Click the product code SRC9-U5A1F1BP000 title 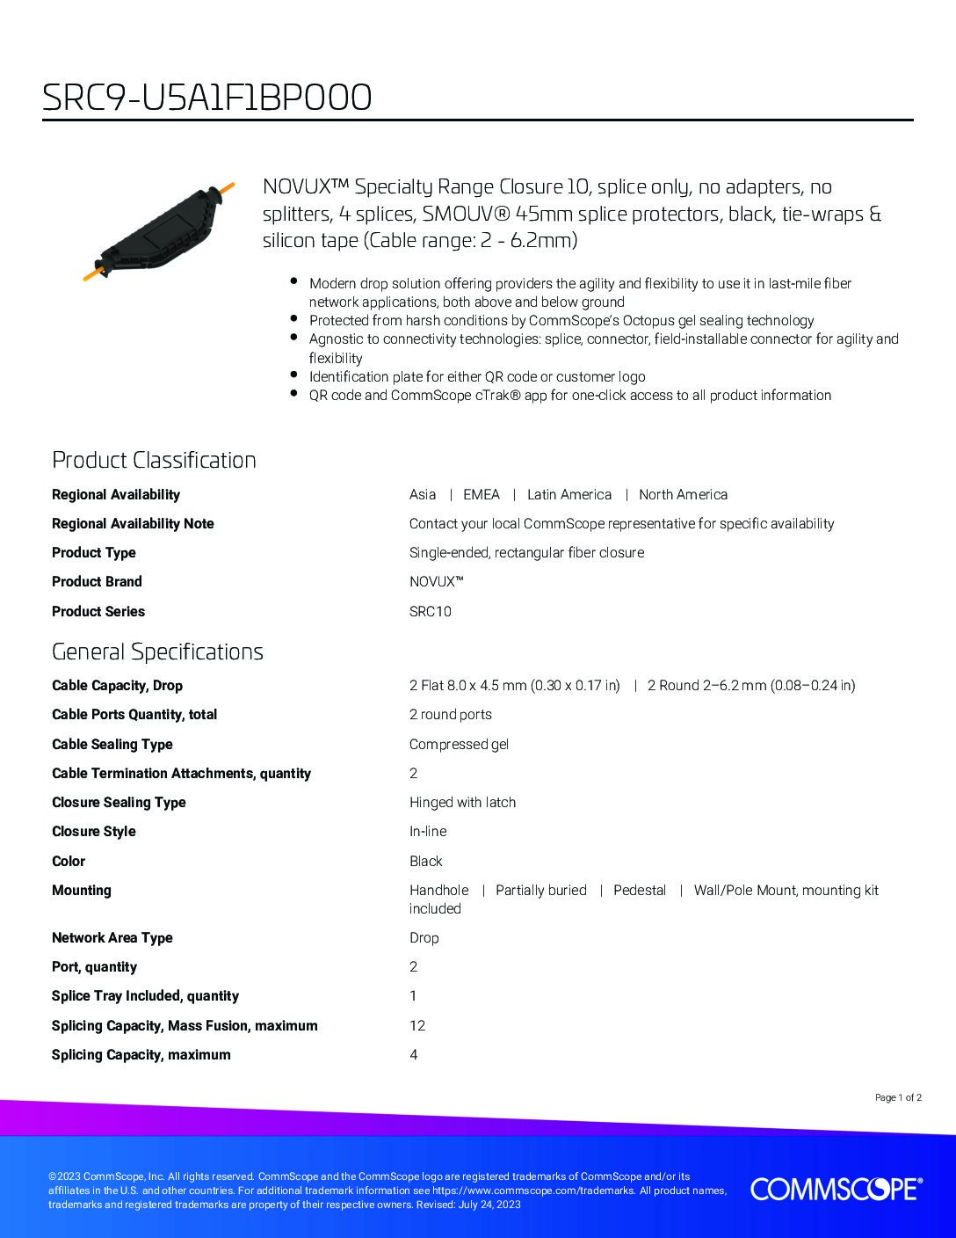click(x=207, y=98)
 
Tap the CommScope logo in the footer click(x=836, y=1189)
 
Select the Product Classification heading click(x=154, y=460)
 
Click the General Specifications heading click(x=157, y=652)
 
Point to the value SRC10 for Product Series click(x=430, y=611)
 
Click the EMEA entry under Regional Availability click(x=481, y=494)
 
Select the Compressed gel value click(x=459, y=744)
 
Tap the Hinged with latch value click(x=462, y=802)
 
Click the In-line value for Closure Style click(x=428, y=831)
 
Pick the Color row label click(x=69, y=861)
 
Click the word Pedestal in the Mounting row click(x=640, y=890)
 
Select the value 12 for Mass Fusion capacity click(x=417, y=1025)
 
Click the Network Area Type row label click(x=112, y=937)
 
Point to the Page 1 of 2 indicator click(x=898, y=1097)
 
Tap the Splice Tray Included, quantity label click(x=145, y=995)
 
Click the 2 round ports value click(x=450, y=714)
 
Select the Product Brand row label click(x=97, y=581)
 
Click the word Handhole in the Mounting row click(x=438, y=890)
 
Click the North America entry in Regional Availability click(x=683, y=494)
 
